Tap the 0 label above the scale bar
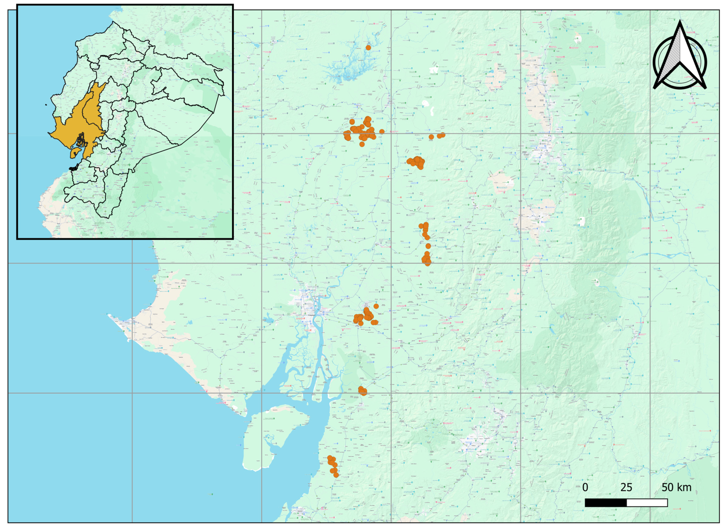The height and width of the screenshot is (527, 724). [585, 487]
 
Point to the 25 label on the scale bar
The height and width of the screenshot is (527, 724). [626, 487]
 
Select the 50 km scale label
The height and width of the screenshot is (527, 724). [676, 487]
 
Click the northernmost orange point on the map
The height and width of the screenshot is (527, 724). [368, 48]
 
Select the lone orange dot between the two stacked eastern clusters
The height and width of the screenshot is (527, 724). [428, 246]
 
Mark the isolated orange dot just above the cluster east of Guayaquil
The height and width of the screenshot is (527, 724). [376, 306]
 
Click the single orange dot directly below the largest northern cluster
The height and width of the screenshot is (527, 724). [362, 144]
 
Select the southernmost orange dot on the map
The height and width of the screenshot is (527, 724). [336, 475]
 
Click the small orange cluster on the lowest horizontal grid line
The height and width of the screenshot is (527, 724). [362, 391]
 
